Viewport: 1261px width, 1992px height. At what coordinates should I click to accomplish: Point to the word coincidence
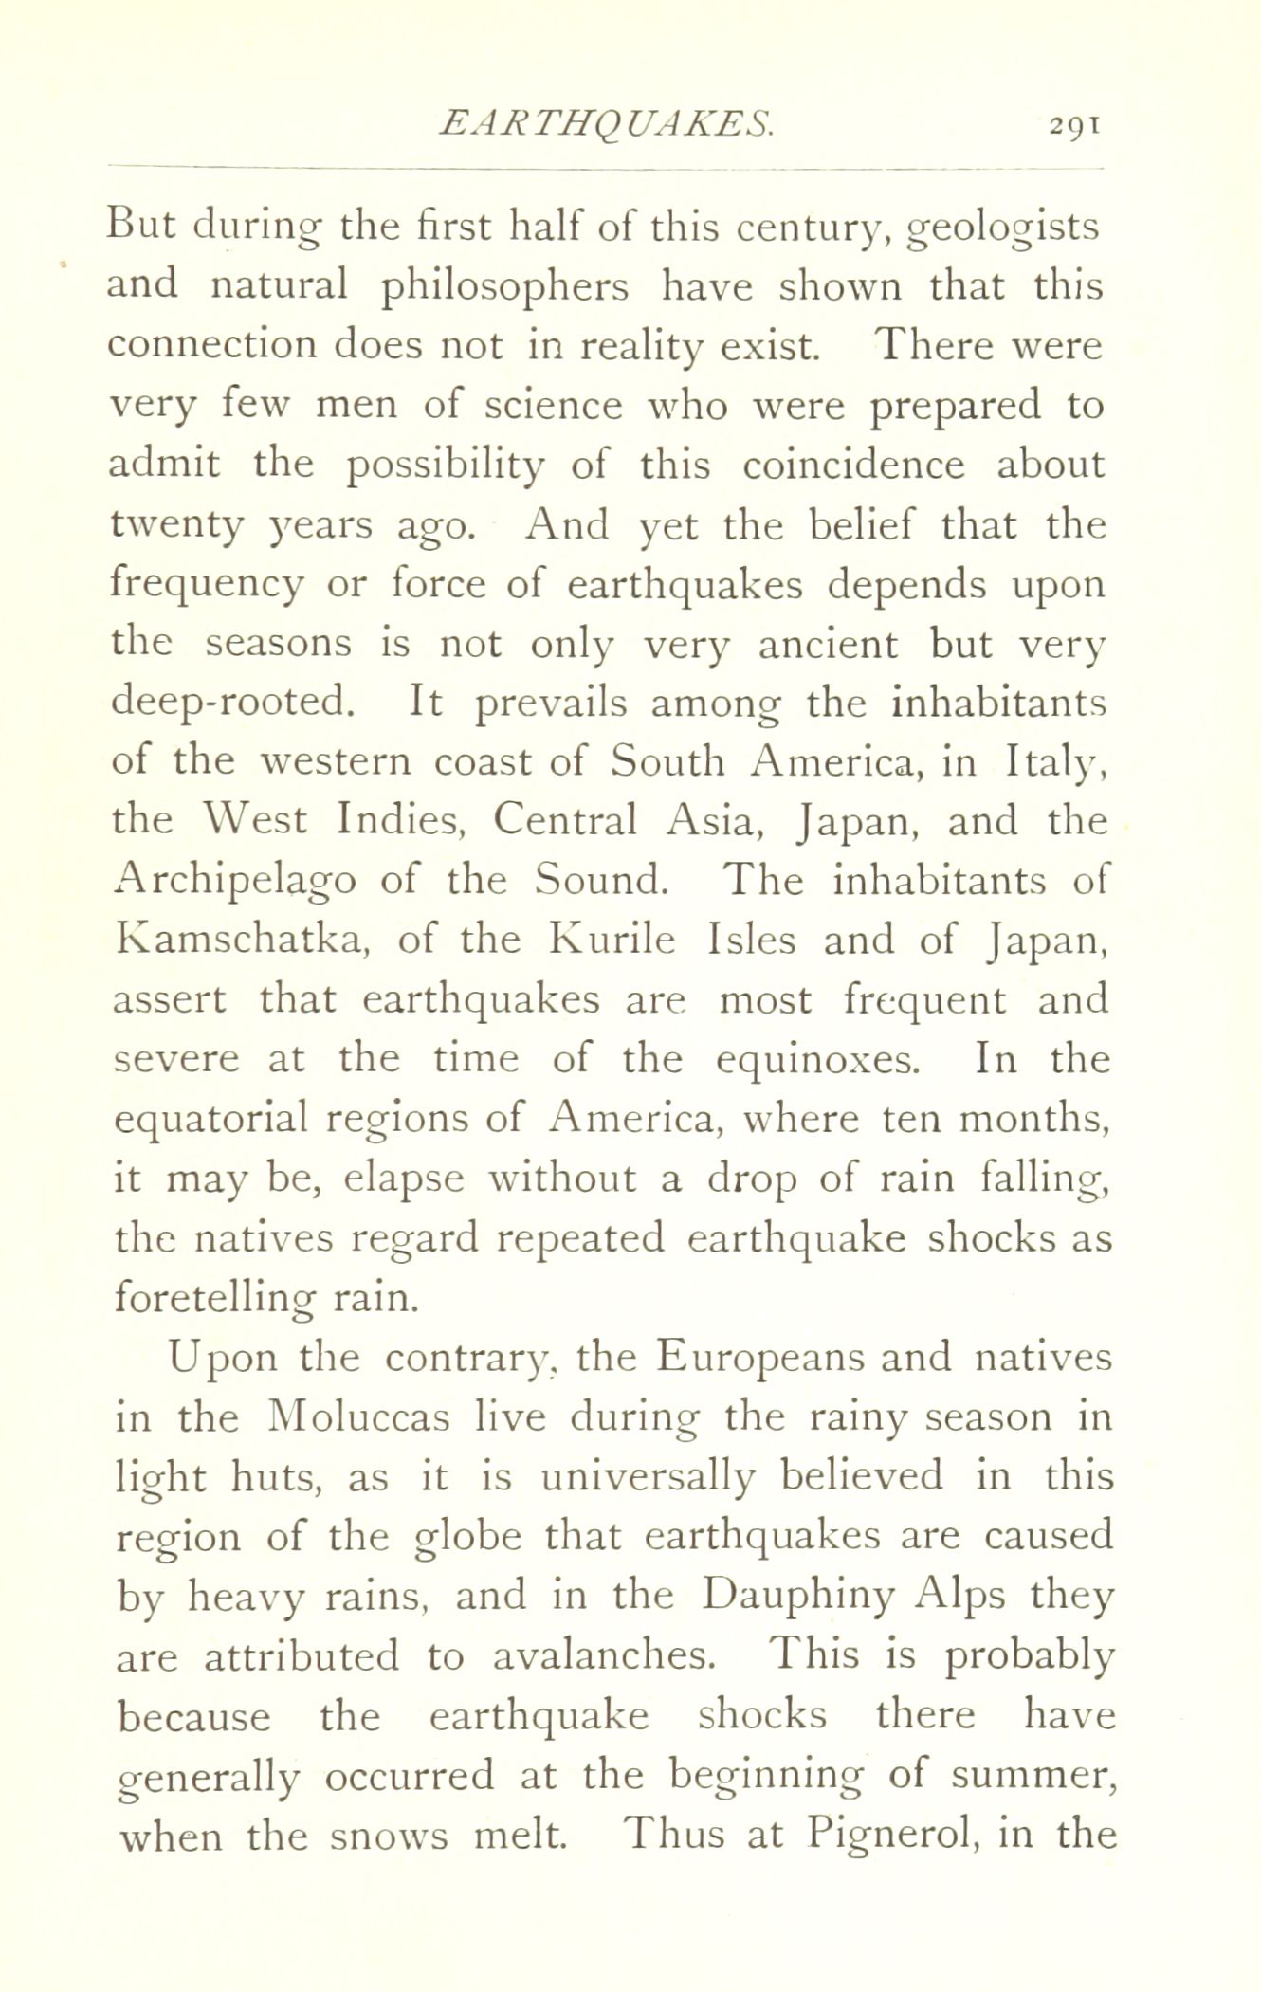(853, 466)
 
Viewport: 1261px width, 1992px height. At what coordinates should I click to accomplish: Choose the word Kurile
(612, 941)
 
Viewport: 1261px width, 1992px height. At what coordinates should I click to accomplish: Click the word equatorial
(210, 1120)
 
